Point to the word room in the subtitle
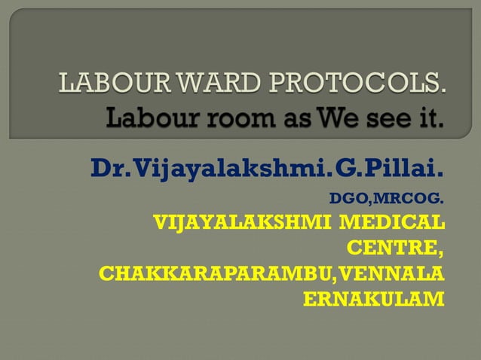[225, 119]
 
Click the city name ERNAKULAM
[372, 298]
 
